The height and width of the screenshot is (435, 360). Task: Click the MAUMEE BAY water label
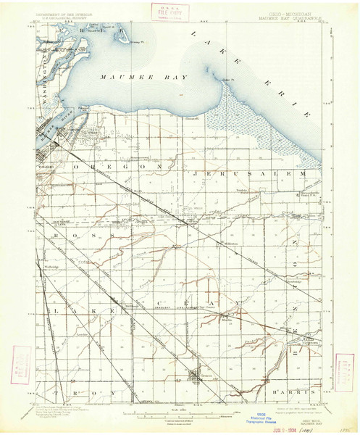145,76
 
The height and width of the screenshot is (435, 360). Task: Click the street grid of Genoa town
196,377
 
